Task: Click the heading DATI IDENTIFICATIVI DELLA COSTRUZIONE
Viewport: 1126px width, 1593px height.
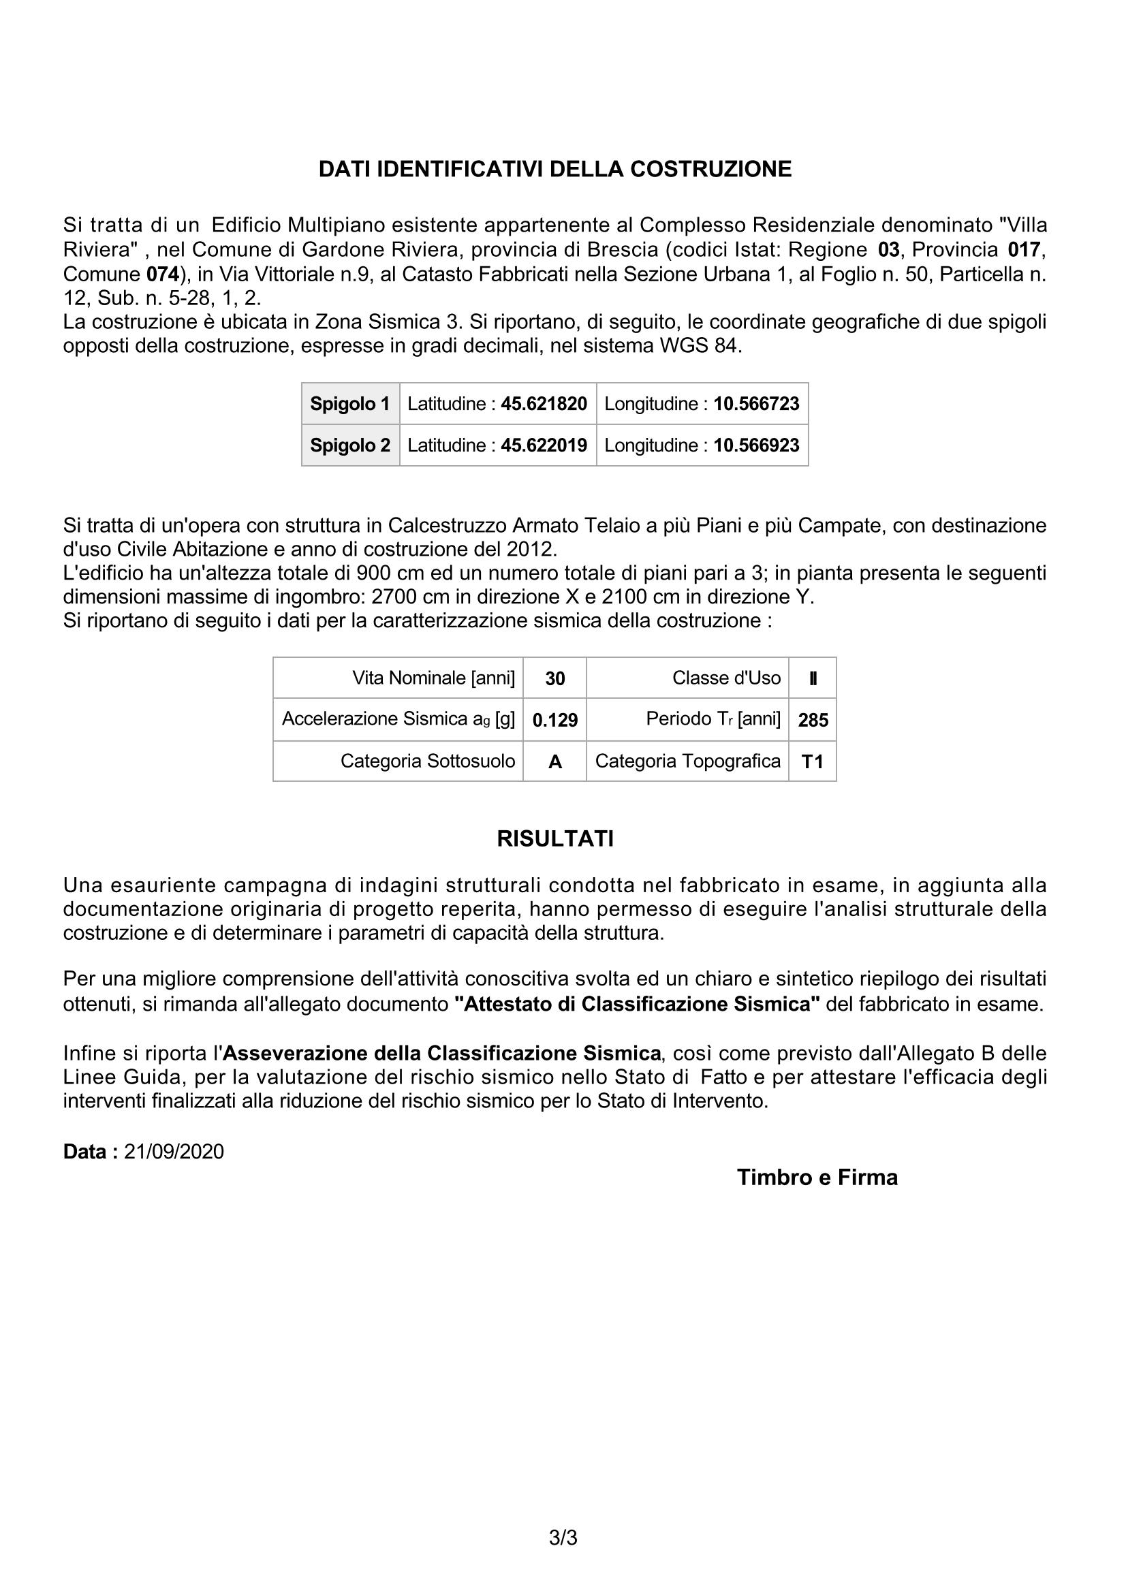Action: tap(555, 170)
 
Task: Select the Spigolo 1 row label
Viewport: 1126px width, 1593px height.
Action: tap(349, 404)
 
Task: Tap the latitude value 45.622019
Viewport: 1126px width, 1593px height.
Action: tap(544, 445)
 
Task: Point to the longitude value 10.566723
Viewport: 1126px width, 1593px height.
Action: tap(756, 404)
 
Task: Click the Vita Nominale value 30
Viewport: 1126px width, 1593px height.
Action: tap(555, 678)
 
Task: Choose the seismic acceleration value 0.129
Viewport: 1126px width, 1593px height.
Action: tap(555, 720)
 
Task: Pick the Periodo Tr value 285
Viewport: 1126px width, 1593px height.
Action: tap(813, 720)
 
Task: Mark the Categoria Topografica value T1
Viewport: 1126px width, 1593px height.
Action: tap(813, 762)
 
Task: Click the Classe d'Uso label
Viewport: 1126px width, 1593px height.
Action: tap(726, 678)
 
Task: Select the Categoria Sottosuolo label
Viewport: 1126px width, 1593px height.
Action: tap(427, 761)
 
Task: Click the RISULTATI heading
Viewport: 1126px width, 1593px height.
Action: tap(555, 839)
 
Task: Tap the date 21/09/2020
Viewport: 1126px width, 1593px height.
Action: tap(174, 1152)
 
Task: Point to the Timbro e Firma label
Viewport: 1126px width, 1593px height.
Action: tap(817, 1178)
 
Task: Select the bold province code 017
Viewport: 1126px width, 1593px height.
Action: tap(1025, 249)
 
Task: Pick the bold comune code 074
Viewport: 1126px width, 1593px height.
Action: tap(163, 273)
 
